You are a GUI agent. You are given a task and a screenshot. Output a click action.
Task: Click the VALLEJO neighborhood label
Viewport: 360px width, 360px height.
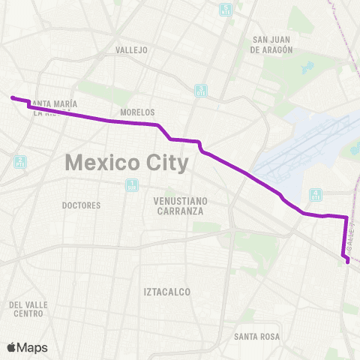coord(132,50)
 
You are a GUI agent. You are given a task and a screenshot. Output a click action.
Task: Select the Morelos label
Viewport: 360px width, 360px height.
coord(137,112)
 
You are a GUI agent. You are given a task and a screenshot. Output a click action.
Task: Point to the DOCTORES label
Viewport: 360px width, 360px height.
coord(82,204)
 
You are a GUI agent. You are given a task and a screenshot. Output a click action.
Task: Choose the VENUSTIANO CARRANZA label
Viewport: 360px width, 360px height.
coord(179,206)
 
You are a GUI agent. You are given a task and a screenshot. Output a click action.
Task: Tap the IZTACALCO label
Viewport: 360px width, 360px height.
coord(166,291)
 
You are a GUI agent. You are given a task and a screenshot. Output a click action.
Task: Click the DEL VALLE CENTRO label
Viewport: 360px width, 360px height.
coord(28,309)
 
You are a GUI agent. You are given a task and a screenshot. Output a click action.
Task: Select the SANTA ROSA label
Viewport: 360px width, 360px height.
coord(256,337)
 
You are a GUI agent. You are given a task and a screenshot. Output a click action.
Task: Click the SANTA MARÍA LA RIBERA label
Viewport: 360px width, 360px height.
coord(52,109)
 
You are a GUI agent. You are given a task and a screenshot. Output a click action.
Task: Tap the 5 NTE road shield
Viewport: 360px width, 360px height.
coord(226,10)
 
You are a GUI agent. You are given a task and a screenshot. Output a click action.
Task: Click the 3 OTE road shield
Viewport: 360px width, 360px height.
coord(201,91)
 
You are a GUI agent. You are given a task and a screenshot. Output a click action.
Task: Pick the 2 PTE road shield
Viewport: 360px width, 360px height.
coord(19,162)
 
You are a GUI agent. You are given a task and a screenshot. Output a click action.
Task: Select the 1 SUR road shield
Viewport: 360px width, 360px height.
coord(132,184)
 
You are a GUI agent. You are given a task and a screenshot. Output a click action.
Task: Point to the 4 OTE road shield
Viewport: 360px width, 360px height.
coord(316,196)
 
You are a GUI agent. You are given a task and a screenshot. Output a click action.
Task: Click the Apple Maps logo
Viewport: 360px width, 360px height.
coord(27,347)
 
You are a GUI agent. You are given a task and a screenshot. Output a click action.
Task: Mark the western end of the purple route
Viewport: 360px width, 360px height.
coord(11,97)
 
